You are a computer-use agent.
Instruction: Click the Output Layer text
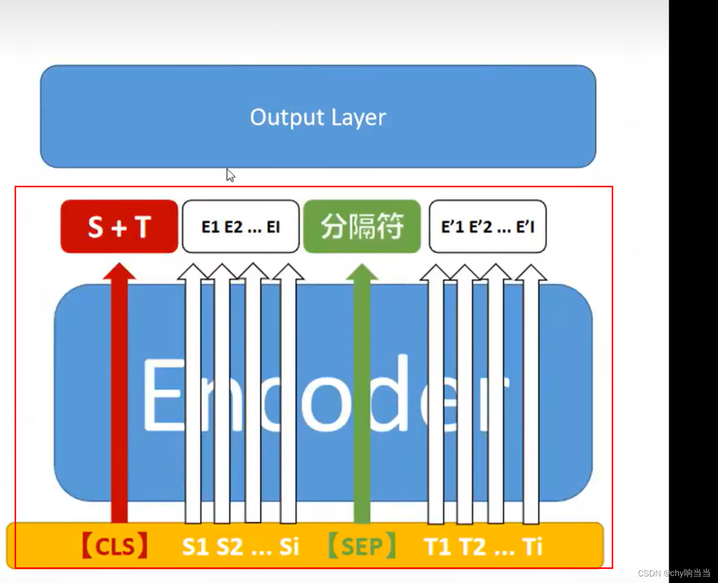pyautogui.click(x=318, y=117)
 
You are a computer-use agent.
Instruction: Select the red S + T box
pyautogui.click(x=119, y=227)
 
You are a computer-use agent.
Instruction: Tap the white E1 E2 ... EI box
pyautogui.click(x=240, y=227)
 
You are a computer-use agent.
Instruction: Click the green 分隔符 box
pyautogui.click(x=362, y=227)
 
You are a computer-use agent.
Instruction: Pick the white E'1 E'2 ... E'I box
pyautogui.click(x=487, y=227)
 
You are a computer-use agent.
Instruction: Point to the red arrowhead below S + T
pyautogui.click(x=119, y=271)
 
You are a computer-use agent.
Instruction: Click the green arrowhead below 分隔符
pyautogui.click(x=362, y=272)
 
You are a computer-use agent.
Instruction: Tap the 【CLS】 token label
pyautogui.click(x=115, y=546)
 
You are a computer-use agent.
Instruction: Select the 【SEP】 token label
pyautogui.click(x=362, y=546)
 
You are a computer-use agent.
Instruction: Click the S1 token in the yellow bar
pyautogui.click(x=195, y=547)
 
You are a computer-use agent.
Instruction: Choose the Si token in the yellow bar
pyautogui.click(x=289, y=547)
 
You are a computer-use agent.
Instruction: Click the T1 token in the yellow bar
pyautogui.click(x=437, y=547)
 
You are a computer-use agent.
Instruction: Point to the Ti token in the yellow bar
pyautogui.click(x=532, y=547)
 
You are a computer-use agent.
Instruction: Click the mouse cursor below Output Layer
pyautogui.click(x=230, y=175)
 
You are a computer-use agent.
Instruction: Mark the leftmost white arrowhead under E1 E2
pyautogui.click(x=193, y=272)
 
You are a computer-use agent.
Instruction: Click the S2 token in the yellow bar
pyautogui.click(x=230, y=547)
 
